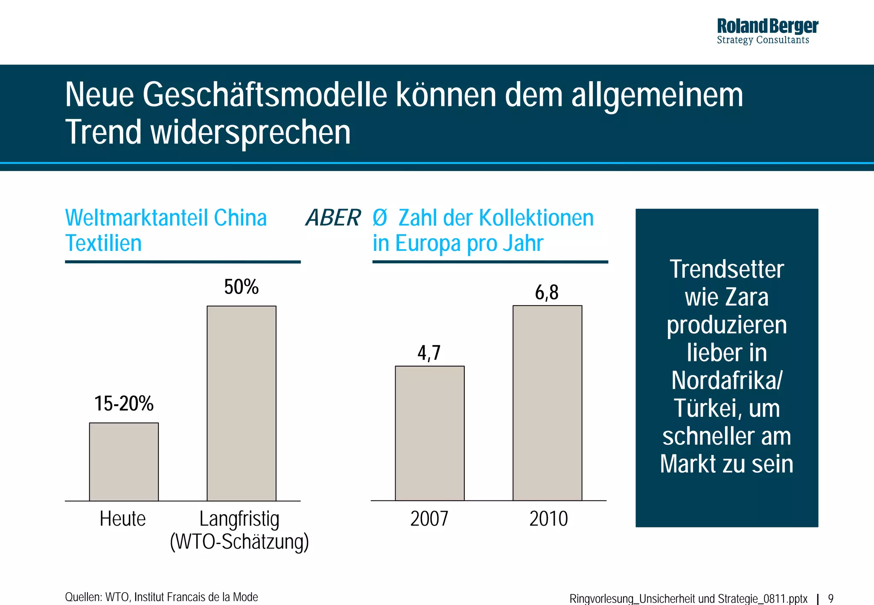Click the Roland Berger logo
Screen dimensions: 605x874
coord(767,31)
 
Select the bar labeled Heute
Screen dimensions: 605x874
coord(124,462)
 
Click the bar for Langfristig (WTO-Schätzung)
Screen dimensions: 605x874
coord(242,403)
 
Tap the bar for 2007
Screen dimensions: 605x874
coord(429,433)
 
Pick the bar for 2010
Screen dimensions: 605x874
coord(547,403)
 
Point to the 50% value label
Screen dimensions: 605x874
coord(242,287)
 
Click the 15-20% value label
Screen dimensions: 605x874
coord(124,404)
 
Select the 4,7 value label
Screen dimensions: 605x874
coord(429,353)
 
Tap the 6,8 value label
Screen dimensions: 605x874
coord(547,293)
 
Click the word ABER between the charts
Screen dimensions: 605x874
coord(333,218)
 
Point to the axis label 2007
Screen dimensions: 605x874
coord(429,519)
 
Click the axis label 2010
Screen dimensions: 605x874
coord(548,519)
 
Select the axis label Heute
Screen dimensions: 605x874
coord(123,519)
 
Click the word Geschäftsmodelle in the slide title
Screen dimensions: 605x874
coord(265,95)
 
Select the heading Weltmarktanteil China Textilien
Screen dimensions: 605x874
coord(166,230)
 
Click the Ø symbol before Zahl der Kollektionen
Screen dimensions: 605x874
coord(379,218)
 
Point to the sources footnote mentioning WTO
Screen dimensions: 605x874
coord(161,597)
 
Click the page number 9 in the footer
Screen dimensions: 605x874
coord(830,599)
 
